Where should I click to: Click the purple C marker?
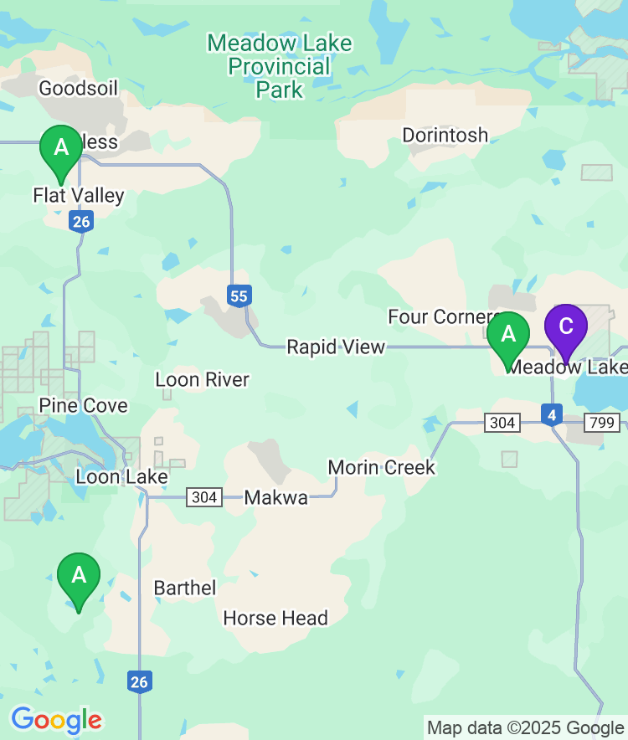point(566,327)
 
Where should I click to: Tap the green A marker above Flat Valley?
point(61,149)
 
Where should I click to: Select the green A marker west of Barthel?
point(79,577)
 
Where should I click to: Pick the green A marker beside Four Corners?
point(508,336)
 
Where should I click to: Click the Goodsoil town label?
point(79,88)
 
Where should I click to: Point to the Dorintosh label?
point(445,135)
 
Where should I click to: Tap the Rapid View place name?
point(336,347)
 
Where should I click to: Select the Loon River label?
point(202,380)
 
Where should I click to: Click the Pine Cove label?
point(83,406)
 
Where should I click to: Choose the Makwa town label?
point(275,498)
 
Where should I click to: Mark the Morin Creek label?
point(381,467)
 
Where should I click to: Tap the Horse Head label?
point(275,619)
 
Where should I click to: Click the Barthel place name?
point(185,588)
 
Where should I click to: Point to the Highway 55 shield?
point(239,295)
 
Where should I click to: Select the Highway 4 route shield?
point(551,414)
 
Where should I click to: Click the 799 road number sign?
point(603,423)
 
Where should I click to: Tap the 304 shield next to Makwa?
point(204,498)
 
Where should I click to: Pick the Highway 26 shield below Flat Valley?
point(81,222)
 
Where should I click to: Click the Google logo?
point(56,719)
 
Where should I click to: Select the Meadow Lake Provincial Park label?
point(280,66)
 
